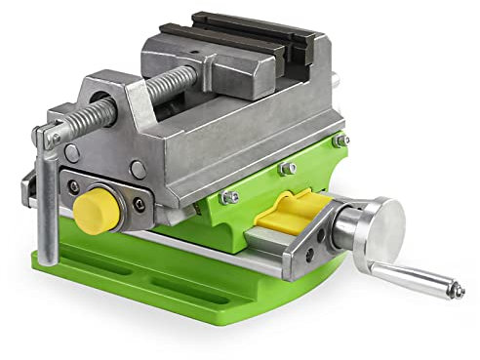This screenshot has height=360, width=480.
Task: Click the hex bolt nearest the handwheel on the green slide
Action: [x=339, y=141]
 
